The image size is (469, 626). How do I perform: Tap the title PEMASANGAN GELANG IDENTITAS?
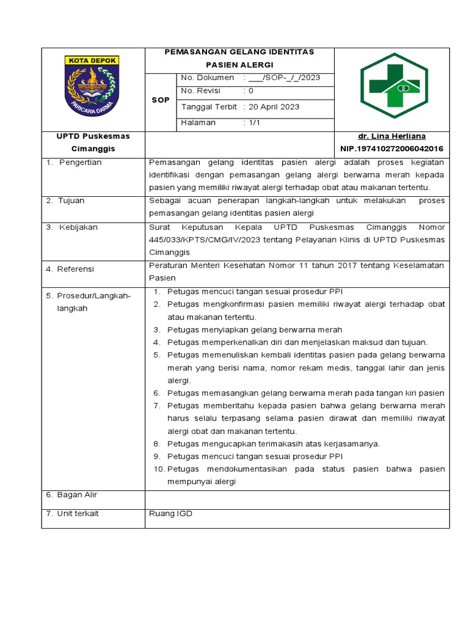click(239, 52)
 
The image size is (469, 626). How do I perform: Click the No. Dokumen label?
click(208, 78)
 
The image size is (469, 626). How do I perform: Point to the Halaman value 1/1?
click(252, 122)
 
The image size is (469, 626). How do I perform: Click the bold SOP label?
click(161, 100)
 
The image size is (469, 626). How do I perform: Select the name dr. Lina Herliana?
click(391, 136)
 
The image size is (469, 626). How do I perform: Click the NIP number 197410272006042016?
click(391, 149)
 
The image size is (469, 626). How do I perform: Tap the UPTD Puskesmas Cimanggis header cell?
click(93, 142)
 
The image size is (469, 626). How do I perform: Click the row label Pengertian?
click(80, 163)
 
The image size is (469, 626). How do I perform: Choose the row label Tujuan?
click(71, 201)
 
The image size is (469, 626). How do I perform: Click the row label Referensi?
click(76, 269)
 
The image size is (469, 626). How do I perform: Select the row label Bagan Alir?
click(77, 495)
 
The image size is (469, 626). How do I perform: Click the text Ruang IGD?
click(170, 514)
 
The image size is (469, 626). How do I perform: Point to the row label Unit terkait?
click(78, 514)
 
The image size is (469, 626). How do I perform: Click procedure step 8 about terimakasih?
click(274, 444)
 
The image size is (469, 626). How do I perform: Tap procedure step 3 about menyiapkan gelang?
click(255, 330)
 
